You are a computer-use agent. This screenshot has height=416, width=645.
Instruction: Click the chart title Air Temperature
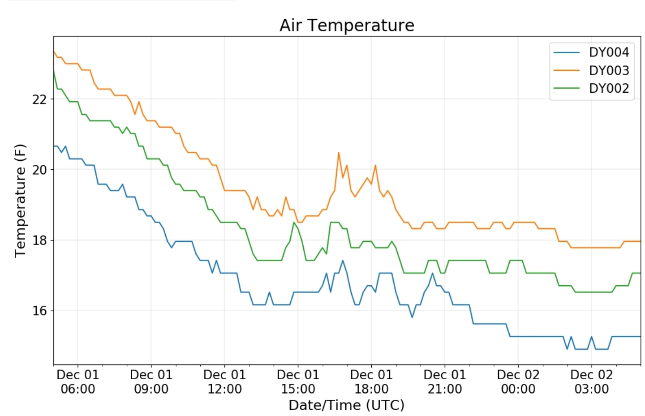click(347, 26)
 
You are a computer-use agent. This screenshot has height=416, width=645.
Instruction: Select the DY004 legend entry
click(609, 52)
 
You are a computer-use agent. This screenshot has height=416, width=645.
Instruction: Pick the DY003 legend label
click(609, 70)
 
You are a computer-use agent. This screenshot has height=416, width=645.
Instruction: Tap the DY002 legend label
click(609, 88)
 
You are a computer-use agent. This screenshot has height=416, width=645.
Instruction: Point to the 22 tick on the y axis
click(39, 99)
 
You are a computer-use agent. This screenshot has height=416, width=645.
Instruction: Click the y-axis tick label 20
click(39, 170)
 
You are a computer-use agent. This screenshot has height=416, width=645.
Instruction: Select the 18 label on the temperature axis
click(39, 240)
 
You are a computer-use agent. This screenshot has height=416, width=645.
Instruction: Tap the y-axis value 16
click(39, 311)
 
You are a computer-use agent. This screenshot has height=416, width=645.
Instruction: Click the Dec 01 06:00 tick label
click(78, 382)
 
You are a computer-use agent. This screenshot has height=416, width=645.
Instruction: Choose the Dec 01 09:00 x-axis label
click(151, 382)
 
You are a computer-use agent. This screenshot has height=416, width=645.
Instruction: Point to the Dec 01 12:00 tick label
click(224, 382)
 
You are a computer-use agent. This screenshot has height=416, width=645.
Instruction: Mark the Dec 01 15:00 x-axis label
click(298, 382)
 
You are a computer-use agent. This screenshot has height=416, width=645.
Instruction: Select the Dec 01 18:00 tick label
click(371, 382)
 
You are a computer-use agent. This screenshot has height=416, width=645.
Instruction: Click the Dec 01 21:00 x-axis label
click(445, 382)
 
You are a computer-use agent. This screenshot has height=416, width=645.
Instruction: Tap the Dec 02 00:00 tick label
click(518, 382)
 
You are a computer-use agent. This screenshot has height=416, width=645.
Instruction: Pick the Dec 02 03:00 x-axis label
click(591, 382)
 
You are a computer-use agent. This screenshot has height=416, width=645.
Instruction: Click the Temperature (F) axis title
click(20, 201)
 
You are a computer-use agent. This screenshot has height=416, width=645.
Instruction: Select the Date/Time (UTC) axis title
click(346, 405)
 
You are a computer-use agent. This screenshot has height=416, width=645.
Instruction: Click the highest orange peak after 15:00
click(339, 153)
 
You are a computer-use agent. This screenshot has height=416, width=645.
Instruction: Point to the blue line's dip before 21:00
click(412, 317)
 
